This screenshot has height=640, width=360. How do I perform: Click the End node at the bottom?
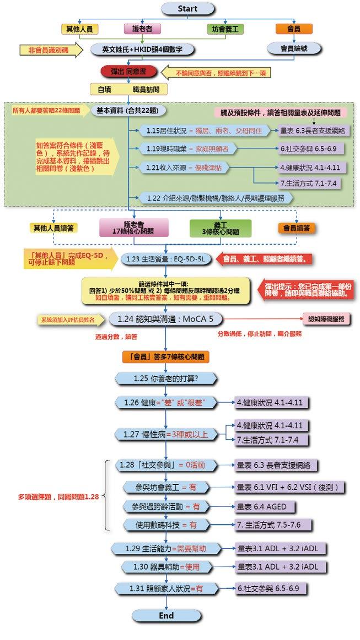tap(165, 616)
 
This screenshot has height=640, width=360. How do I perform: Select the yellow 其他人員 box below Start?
tap(79, 29)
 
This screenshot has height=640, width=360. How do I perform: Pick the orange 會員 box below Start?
tap(294, 29)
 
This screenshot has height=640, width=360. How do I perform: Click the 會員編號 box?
tap(294, 49)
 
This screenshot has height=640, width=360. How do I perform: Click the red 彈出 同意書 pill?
tap(128, 72)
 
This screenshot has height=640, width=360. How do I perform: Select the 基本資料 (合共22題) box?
tap(127, 110)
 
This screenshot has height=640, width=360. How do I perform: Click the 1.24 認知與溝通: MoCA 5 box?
tap(164, 319)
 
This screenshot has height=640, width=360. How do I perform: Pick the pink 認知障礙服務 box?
tap(326, 319)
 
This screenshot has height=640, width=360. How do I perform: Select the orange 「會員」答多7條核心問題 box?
tap(165, 357)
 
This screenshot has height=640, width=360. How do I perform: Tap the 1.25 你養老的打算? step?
tap(165, 379)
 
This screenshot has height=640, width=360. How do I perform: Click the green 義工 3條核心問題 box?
tap(220, 228)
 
